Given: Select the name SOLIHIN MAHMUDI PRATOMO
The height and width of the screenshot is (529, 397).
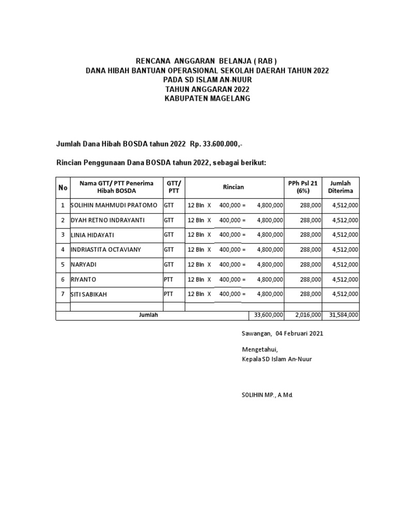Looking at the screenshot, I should coord(114,205).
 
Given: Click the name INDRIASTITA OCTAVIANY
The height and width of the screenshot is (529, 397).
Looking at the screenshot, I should coord(105,250).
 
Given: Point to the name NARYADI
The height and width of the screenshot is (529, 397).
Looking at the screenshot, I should coord(84,264).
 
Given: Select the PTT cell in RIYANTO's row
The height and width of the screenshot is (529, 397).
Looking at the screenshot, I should coord(169,279).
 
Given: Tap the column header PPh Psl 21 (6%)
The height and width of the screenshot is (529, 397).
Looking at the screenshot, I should coord(304,187).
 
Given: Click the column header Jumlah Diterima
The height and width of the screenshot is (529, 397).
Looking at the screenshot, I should coord(341,187).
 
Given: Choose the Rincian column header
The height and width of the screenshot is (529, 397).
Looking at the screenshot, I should coord(234,187).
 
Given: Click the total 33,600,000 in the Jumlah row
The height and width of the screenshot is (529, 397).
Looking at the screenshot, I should coord(267,315).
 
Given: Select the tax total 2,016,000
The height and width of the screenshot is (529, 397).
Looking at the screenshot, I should coord(308,315).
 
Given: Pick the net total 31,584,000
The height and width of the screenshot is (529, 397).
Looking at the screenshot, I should coord(343,315).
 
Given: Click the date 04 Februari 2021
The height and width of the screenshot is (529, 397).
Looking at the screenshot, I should coord(296,334).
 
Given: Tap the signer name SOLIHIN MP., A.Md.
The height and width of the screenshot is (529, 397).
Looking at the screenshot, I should coord(264,395).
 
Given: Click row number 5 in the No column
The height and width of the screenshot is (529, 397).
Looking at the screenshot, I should coord(63,264).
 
